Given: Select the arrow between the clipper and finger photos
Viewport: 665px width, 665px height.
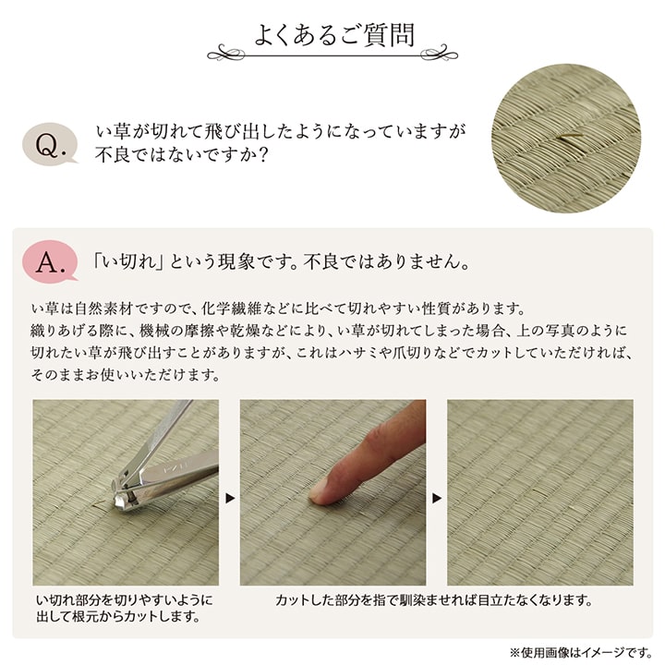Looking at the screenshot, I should (230, 499).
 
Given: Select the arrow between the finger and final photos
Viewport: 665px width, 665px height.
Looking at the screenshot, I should (437, 499).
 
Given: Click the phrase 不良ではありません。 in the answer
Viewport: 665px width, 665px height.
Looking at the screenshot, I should (389, 261).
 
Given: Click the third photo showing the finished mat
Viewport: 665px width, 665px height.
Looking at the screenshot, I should (540, 492).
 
